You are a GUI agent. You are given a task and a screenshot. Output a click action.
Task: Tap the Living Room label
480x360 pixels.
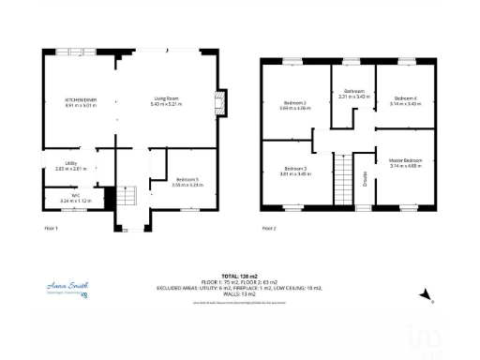[167, 98]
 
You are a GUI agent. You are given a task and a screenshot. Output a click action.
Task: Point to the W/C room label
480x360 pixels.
[63, 195]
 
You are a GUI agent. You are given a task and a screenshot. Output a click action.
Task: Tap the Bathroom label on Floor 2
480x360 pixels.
[353, 91]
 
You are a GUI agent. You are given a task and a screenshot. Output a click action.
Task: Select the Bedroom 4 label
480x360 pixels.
[405, 97]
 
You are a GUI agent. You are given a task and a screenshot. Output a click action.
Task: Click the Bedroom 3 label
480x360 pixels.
[293, 169]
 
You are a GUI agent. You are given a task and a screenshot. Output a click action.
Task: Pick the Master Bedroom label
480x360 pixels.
[405, 161]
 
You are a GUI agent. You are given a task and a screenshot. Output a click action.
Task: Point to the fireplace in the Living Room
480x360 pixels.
[220, 101]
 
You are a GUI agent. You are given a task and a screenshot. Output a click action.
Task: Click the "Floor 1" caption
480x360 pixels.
[52, 228]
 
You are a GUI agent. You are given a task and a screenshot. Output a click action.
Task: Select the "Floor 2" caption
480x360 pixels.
[269, 228]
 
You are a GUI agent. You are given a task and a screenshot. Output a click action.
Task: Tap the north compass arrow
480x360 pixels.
[424, 294]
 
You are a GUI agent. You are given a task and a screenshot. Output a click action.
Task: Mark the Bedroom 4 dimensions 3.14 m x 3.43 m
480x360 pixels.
[405, 103]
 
